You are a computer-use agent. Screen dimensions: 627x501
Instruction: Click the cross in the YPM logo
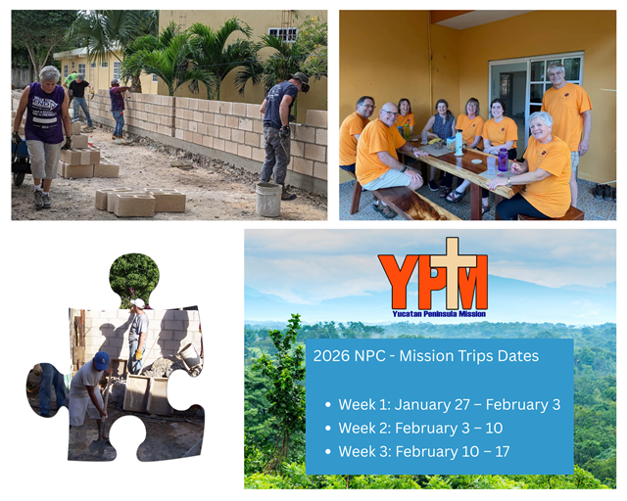point(453,272)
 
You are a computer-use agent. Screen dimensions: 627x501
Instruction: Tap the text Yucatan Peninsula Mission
point(439,314)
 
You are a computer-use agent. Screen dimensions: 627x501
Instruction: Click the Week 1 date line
point(449,404)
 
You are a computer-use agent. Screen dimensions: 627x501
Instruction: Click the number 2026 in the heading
point(326,355)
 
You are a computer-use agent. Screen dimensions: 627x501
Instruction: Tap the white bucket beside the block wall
point(268,200)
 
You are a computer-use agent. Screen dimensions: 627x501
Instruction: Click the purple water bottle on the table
point(503,160)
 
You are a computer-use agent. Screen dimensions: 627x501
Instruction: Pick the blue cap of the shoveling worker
point(102,360)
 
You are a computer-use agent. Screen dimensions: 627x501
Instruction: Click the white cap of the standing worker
point(138,302)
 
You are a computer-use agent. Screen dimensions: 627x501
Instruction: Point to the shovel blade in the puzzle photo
point(99,445)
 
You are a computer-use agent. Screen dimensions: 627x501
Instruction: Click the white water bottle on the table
point(459,143)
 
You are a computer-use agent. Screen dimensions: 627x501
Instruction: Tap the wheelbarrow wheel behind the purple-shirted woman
point(19,179)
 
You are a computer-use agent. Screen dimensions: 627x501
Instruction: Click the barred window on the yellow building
point(283,34)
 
